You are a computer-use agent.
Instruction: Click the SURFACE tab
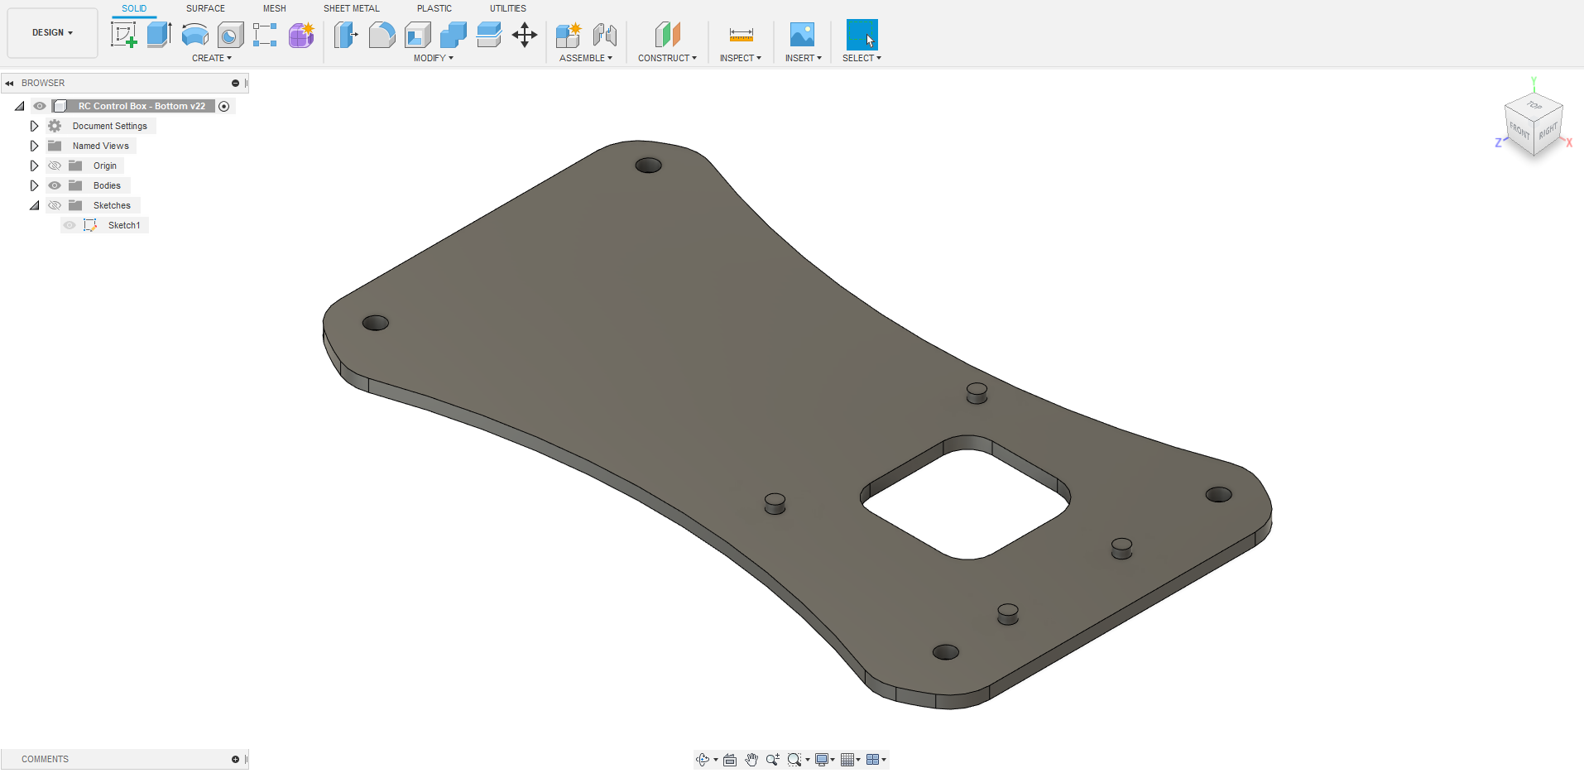coord(205,8)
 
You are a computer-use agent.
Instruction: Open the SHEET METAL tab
coord(351,8)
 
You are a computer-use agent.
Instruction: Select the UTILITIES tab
coord(507,8)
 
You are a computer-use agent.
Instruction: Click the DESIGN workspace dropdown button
coord(52,33)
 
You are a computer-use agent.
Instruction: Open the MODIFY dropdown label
coord(433,58)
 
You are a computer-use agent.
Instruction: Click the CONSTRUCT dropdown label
coord(667,58)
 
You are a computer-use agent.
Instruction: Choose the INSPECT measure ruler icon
coord(741,35)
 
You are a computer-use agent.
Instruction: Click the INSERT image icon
coord(802,35)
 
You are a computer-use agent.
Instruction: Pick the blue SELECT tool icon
coord(862,35)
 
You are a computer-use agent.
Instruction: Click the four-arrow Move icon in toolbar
coord(525,35)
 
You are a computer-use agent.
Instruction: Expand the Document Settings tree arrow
coord(34,126)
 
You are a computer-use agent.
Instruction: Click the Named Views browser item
coord(100,146)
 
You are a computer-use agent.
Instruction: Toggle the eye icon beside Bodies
coord(55,185)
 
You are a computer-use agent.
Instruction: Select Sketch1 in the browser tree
coord(123,225)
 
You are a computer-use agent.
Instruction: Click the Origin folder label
coord(104,166)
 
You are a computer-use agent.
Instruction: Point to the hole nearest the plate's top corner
coord(648,166)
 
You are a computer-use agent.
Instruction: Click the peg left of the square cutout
coord(775,502)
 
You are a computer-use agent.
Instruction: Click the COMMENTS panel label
coord(45,759)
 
